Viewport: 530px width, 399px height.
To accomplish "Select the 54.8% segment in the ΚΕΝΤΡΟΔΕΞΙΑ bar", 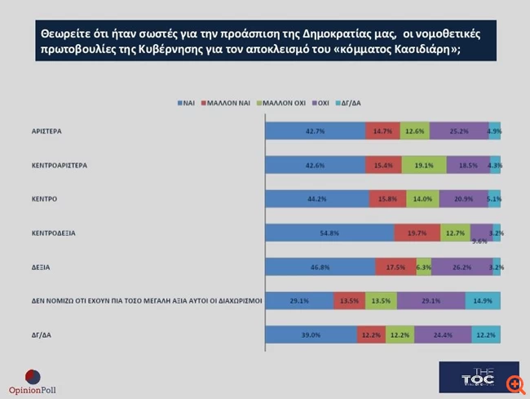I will pos(330,233).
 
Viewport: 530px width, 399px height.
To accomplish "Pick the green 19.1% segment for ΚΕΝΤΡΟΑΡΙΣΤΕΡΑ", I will pos(424,165).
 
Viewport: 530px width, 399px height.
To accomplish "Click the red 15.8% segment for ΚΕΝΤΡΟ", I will pos(386,199).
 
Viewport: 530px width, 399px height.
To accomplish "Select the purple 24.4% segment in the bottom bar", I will pos(443,334).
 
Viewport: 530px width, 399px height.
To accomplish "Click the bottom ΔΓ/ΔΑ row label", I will pos(38,335).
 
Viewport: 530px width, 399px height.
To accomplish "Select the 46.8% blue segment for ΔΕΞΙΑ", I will pos(320,266).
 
